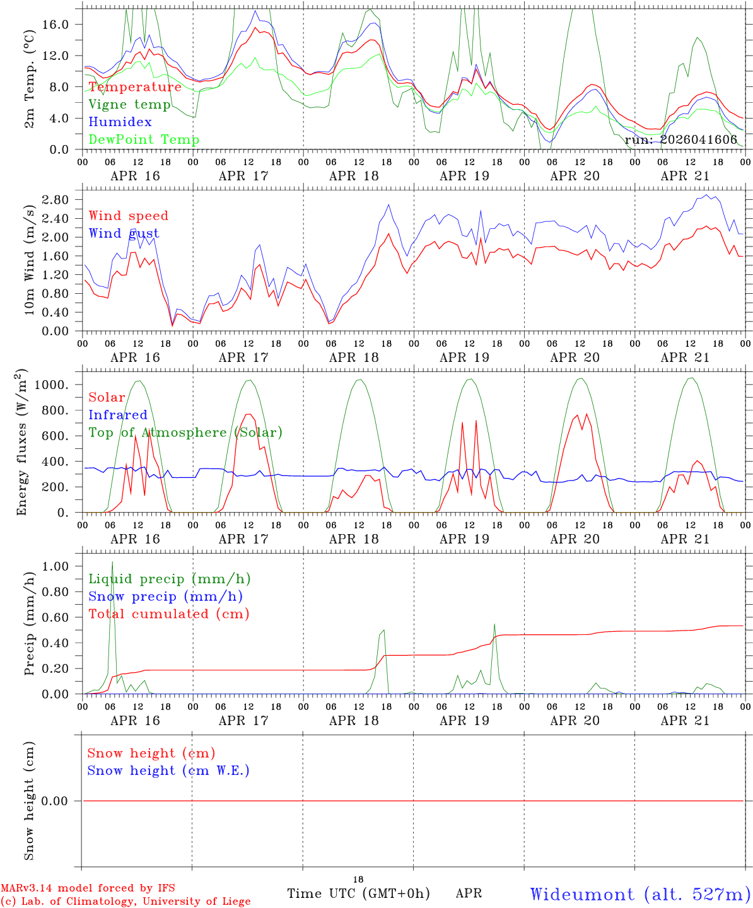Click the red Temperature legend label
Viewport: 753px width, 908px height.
[135, 87]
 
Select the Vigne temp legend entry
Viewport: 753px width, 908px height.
[129, 105]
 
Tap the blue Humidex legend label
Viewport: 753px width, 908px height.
[120, 122]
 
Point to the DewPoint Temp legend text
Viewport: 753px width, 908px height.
[144, 140]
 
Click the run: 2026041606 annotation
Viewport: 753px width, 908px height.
[680, 140]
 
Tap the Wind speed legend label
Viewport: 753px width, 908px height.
[129, 216]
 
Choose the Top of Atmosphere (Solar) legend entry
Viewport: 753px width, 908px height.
[185, 433]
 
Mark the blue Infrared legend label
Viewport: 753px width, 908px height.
[117, 415]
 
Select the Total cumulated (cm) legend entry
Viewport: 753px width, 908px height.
[168, 614]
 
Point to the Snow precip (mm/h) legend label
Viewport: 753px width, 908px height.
[165, 597]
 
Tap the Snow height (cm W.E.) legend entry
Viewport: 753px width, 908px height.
[168, 771]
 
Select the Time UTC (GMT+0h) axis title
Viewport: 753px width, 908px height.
[358, 893]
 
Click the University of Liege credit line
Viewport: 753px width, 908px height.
[125, 902]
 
